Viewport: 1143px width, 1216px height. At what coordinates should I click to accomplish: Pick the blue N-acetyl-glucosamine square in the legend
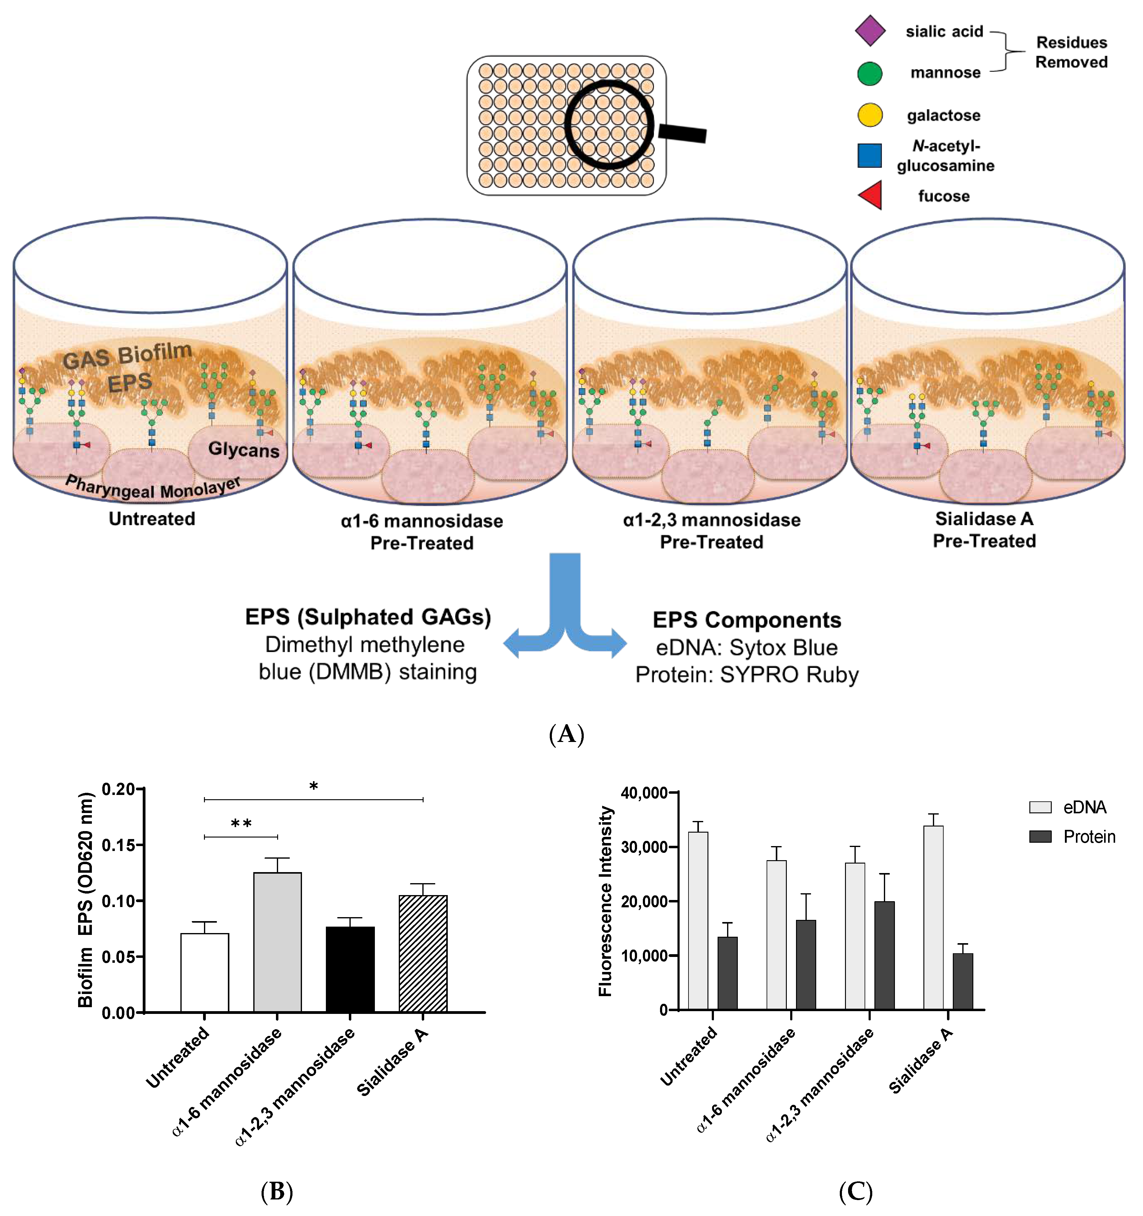pyautogui.click(x=870, y=155)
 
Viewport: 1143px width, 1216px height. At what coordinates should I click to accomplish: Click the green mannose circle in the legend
pyautogui.click(x=870, y=73)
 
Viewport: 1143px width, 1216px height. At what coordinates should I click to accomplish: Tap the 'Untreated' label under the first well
pyautogui.click(x=152, y=519)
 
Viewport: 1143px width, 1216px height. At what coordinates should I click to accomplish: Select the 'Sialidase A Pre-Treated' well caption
pyautogui.click(x=984, y=530)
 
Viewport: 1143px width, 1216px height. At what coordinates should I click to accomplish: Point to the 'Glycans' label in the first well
pyautogui.click(x=243, y=450)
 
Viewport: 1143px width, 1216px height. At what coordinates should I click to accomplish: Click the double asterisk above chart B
pyautogui.click(x=241, y=823)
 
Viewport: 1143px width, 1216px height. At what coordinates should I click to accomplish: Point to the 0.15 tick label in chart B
pyautogui.click(x=118, y=845)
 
